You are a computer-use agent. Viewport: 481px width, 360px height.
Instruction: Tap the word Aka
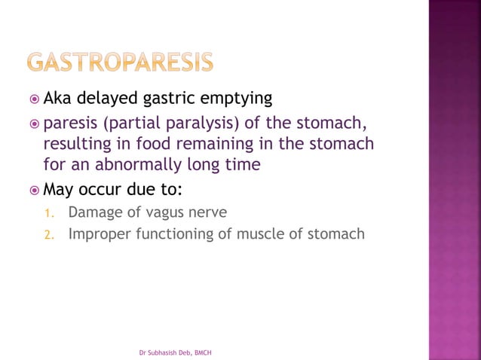(57, 99)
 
